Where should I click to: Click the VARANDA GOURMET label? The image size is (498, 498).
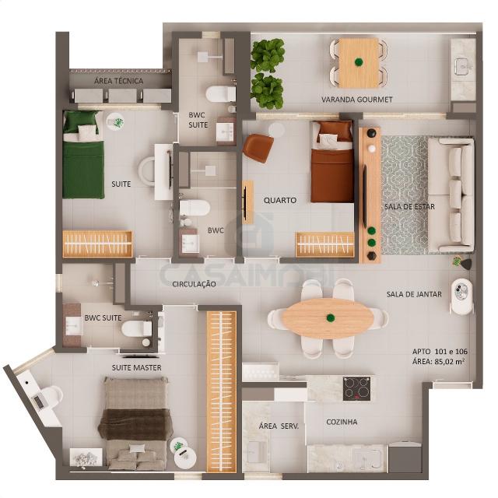pos(357,100)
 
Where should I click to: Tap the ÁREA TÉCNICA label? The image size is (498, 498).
pos(118,81)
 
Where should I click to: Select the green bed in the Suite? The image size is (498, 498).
pos(83,155)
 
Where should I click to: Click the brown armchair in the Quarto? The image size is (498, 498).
pos(258,148)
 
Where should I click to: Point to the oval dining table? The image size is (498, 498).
pos(328,317)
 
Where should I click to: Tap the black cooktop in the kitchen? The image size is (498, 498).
pos(356,388)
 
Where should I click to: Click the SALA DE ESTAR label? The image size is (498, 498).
pos(409,207)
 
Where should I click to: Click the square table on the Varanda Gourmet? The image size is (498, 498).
pos(359,63)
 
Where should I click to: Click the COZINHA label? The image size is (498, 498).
pos(342,422)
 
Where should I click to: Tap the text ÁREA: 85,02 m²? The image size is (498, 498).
pos(439,361)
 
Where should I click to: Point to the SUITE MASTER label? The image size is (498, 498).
pos(137,368)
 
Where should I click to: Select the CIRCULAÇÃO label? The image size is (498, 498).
pos(194,284)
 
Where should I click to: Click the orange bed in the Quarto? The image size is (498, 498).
pos(332,162)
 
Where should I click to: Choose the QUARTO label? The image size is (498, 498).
pos(280,201)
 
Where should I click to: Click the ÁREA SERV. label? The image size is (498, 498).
pos(279,426)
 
